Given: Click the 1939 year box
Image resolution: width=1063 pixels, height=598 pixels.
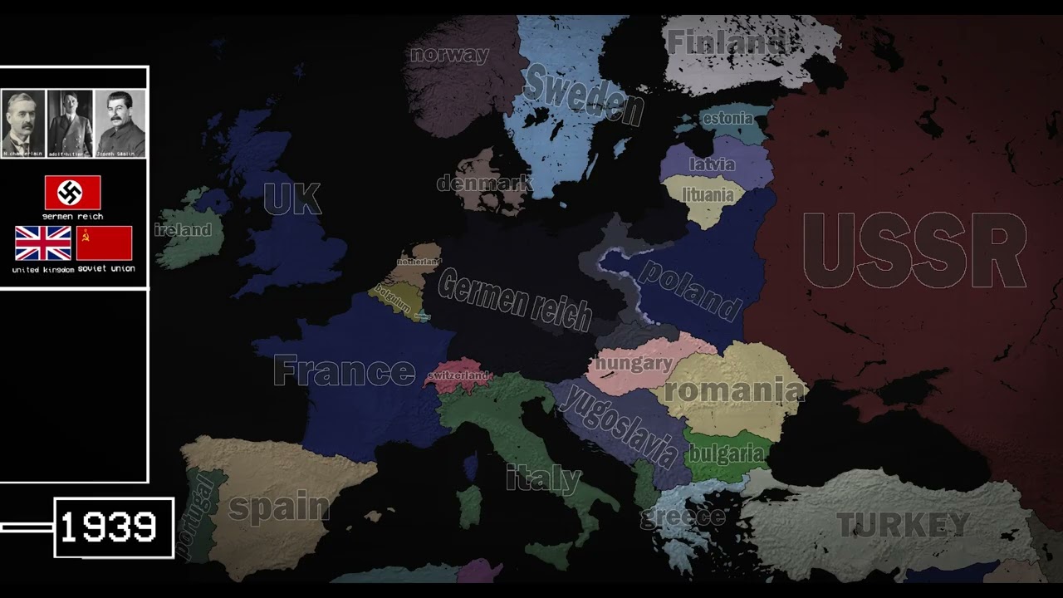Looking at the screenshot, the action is click(114, 527).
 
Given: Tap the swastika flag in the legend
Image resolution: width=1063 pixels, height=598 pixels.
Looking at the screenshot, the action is click(72, 193).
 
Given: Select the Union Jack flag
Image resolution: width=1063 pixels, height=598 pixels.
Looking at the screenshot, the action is click(43, 243).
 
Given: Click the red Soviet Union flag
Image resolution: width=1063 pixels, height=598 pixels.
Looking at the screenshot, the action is click(105, 243).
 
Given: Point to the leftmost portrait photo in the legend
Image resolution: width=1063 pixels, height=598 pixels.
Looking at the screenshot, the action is click(23, 123).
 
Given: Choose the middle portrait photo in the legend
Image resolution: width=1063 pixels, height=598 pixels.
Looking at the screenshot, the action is click(71, 123).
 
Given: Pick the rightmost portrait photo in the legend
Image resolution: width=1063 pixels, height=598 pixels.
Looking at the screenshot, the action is click(120, 123).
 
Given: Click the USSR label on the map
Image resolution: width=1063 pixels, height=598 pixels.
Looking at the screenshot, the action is click(914, 252).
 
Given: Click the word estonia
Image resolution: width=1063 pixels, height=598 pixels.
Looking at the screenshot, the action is click(727, 118).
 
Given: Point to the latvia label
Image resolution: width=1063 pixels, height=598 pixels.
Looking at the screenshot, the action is click(712, 164).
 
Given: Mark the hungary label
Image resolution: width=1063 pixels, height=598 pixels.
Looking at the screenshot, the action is click(634, 363).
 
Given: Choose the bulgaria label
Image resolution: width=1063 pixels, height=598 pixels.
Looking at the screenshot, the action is click(726, 454).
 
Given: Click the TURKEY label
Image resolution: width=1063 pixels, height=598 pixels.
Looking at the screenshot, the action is click(902, 525).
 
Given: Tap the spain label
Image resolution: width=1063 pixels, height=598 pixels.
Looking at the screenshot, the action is click(278, 506).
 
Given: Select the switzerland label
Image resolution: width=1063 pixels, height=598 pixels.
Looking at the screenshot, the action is click(458, 375).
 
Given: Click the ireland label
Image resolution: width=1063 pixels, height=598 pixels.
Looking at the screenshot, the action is click(183, 230).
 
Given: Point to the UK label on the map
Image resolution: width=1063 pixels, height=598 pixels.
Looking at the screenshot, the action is click(291, 199).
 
